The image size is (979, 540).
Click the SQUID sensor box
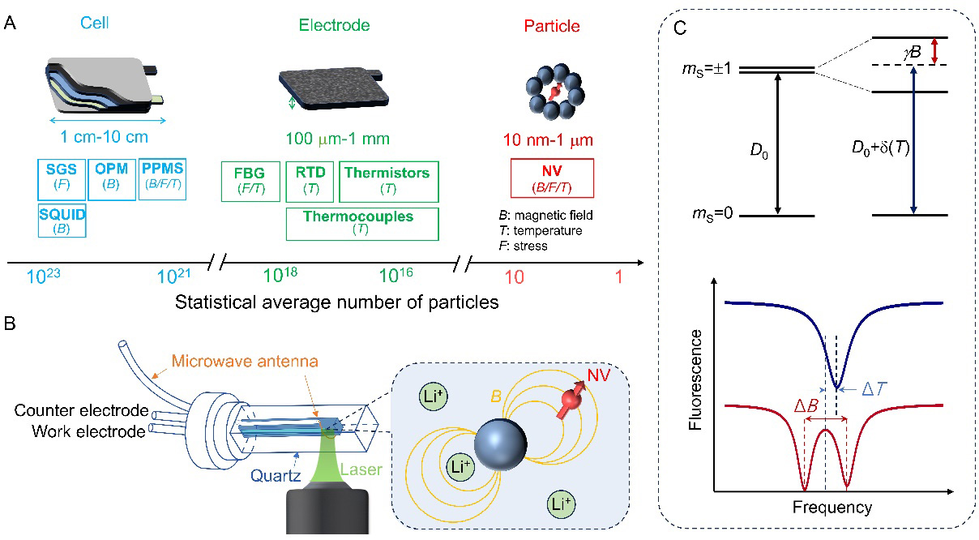(x=62, y=221)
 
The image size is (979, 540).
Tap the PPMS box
(x=162, y=179)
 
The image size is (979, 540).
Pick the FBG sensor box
(x=250, y=181)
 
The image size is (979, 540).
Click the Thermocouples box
(x=362, y=224)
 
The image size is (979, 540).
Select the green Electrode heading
(x=334, y=25)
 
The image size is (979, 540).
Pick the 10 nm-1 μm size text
(x=553, y=139)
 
